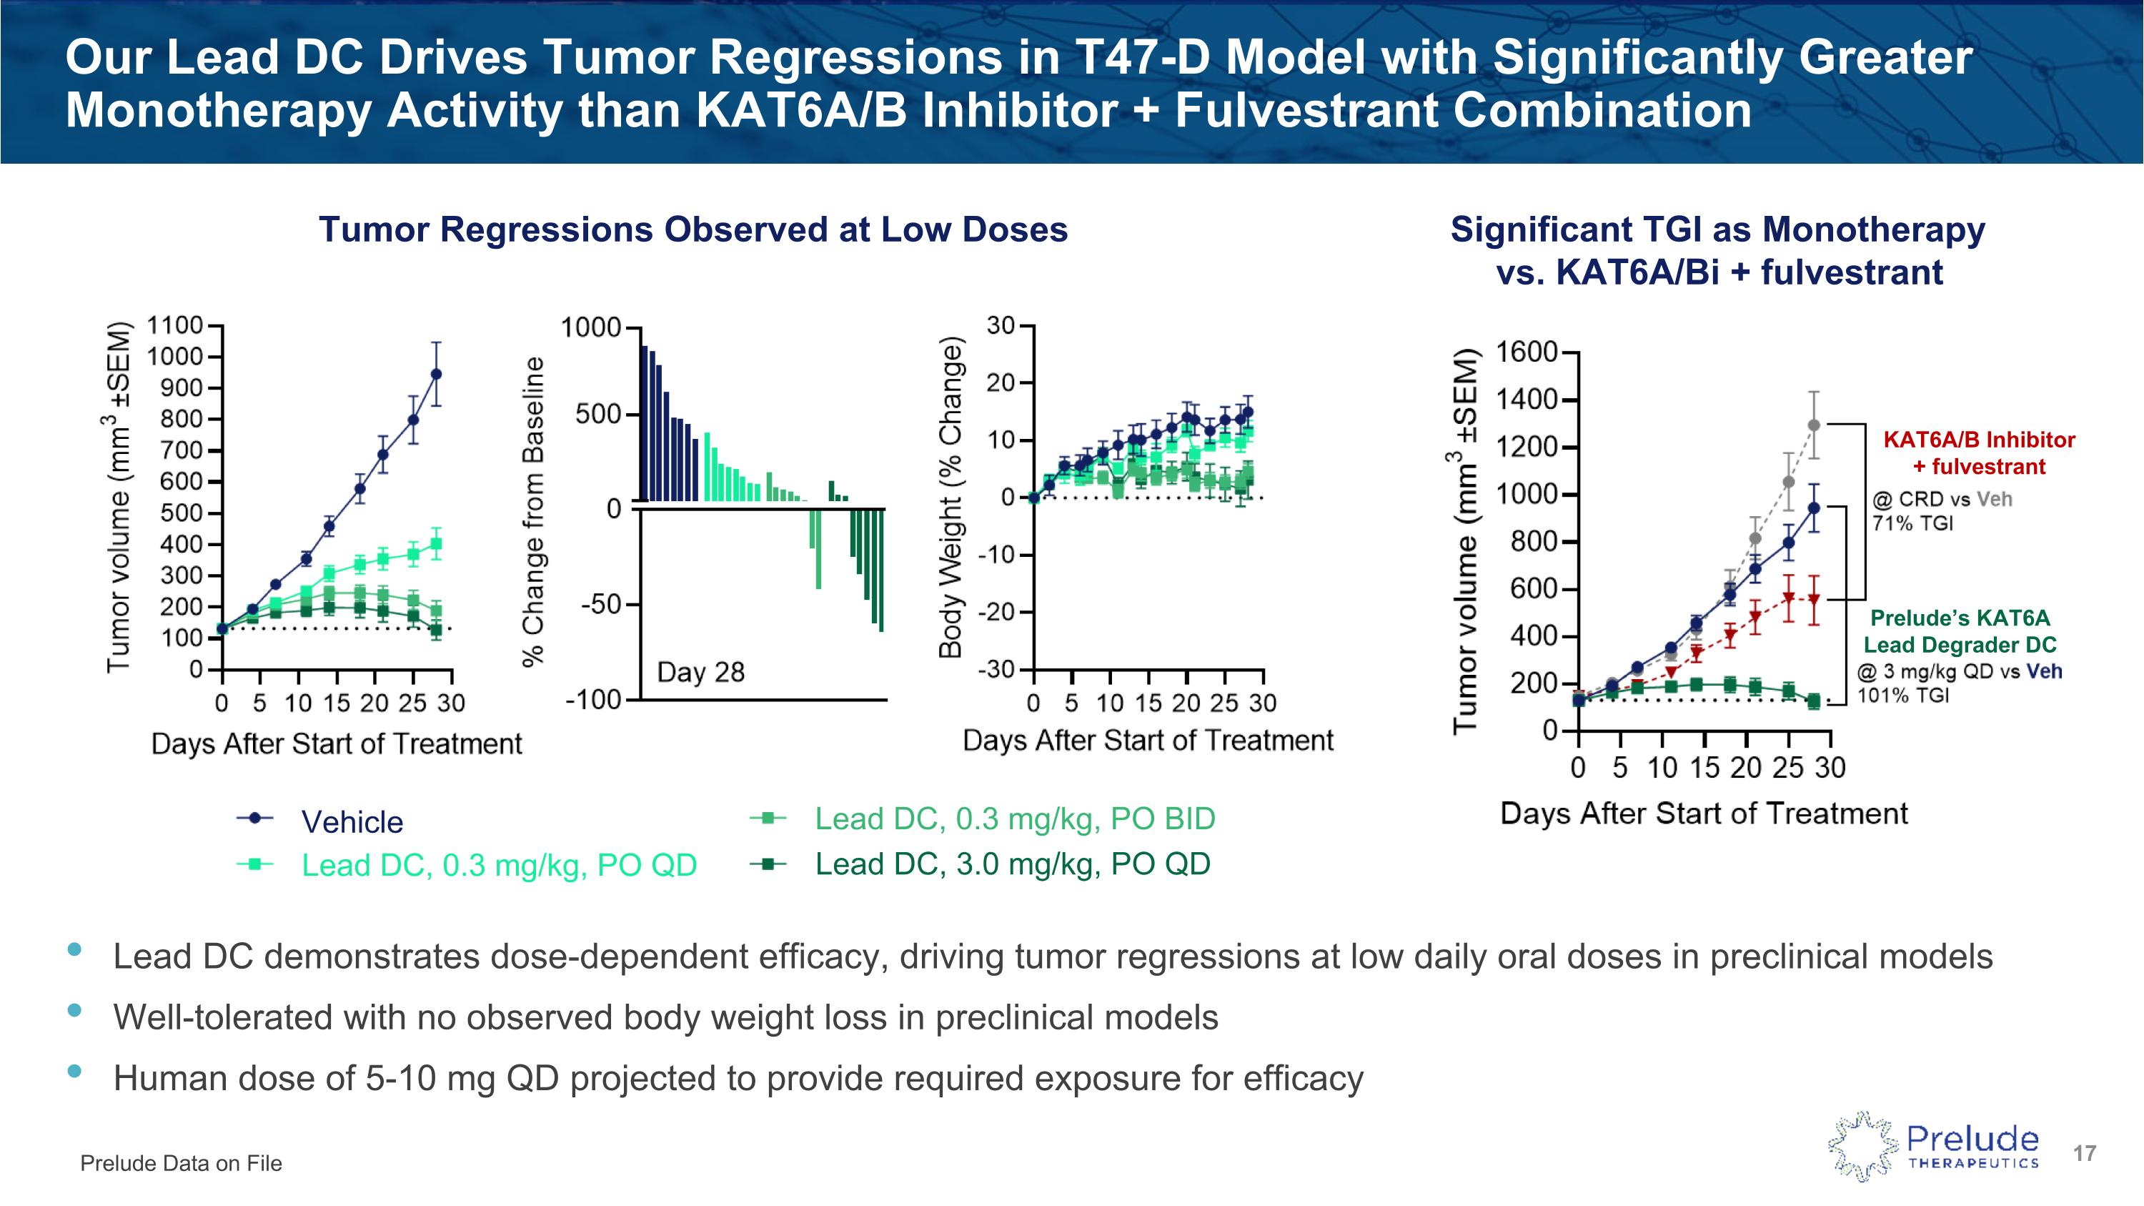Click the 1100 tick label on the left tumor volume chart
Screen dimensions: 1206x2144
tap(175, 325)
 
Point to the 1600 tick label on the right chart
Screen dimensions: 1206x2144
tap(1527, 352)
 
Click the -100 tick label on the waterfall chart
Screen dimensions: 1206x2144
tap(593, 700)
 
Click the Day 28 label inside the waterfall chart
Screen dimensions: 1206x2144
tap(701, 672)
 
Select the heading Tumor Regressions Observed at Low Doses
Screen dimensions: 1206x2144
tap(693, 229)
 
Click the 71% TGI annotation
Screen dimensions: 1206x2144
tap(1912, 523)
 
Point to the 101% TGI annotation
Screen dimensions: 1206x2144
tap(1903, 696)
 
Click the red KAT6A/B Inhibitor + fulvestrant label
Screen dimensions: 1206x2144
tap(1978, 453)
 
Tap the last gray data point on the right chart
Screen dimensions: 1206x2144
tap(1815, 425)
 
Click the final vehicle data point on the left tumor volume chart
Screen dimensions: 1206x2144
tap(436, 375)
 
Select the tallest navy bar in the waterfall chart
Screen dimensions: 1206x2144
tap(644, 422)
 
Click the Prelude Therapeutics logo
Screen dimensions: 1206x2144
tap(1932, 1146)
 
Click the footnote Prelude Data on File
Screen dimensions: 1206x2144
tap(181, 1164)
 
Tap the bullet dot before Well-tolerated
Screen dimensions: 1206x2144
tap(75, 1010)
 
